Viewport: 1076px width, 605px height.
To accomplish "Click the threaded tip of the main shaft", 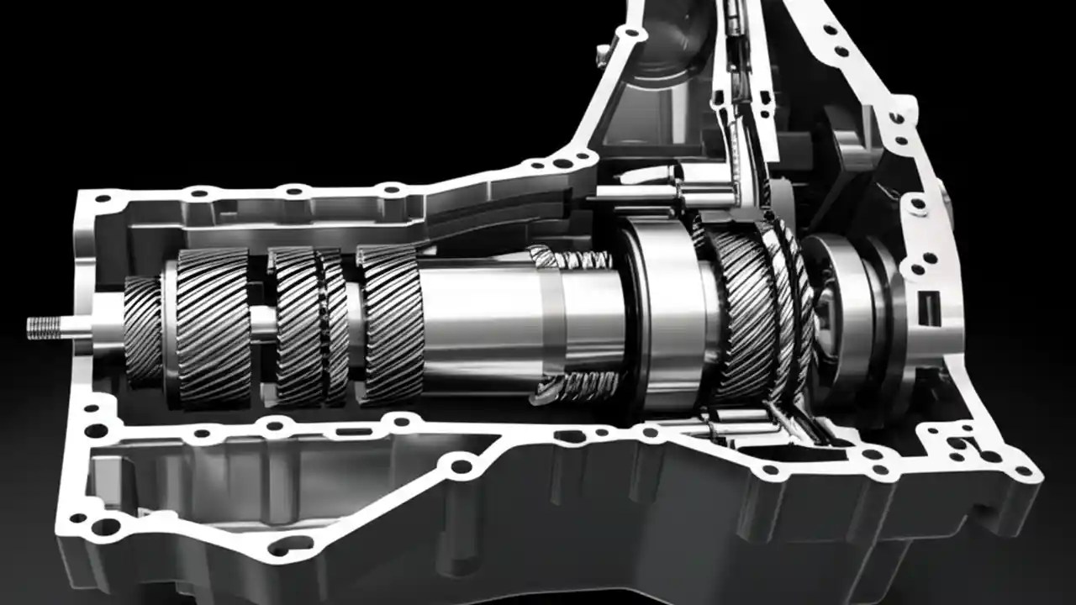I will pos(44,326).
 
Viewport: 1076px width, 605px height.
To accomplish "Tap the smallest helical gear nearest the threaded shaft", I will pos(143,331).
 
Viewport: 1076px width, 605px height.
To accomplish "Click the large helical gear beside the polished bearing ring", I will pos(744,315).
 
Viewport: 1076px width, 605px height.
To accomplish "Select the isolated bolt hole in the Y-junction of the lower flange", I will pos(462,465).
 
